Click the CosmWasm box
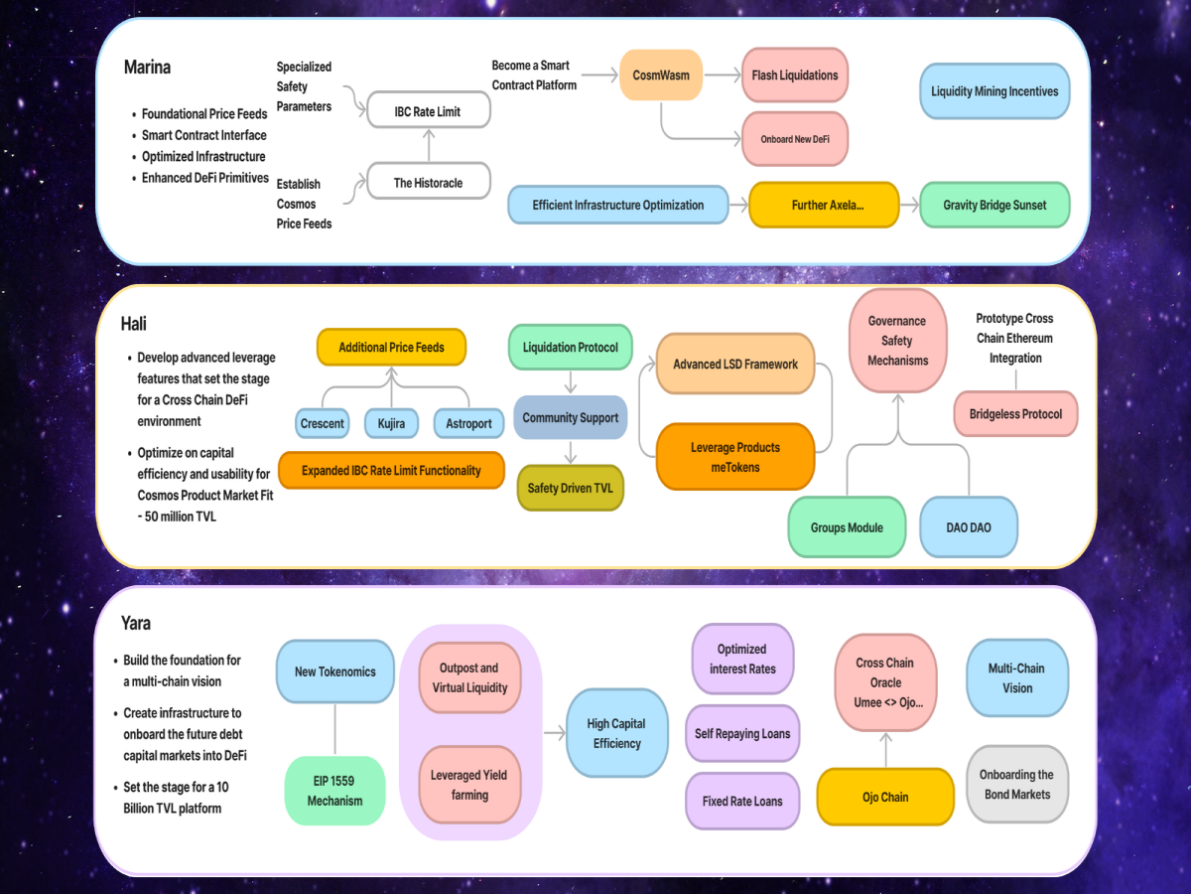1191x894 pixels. coord(661,74)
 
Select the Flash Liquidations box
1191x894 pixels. coord(795,74)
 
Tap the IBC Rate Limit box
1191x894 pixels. coord(429,110)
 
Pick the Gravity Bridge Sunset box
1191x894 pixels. coord(994,205)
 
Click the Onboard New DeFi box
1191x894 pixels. coord(795,139)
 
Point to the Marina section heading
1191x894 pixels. coord(147,67)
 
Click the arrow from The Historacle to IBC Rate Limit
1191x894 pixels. coord(429,145)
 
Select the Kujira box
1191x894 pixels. coord(391,423)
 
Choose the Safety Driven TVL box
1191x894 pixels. coord(571,488)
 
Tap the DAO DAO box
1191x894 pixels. coord(969,527)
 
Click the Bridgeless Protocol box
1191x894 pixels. coord(1015,413)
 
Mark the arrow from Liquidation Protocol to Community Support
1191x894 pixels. coord(571,382)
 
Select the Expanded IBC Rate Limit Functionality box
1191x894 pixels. coord(391,470)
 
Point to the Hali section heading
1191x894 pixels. coord(133,324)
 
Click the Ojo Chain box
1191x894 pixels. coord(885,797)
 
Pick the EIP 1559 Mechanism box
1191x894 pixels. coord(334,791)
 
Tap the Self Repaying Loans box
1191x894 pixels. coord(742,733)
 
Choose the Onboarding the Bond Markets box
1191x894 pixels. coord(1017,785)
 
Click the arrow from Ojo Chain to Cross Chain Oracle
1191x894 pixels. coord(885,750)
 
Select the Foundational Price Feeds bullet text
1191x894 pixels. coord(204,114)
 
